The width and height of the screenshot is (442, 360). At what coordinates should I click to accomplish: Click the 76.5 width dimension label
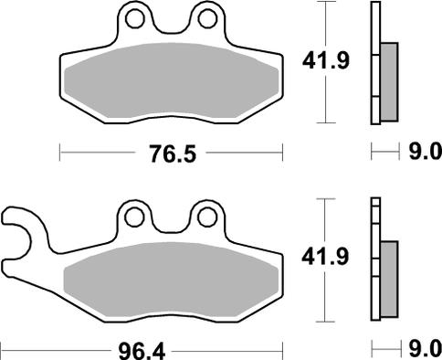173,154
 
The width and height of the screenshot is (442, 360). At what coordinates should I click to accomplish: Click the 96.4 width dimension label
142,351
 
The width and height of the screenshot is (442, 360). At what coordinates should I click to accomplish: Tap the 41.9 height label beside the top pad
326,61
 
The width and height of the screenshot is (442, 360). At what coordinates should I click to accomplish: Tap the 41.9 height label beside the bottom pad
325,257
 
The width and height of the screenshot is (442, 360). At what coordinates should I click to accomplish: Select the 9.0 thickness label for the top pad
425,151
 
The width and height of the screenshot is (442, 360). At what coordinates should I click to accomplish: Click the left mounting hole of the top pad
135,19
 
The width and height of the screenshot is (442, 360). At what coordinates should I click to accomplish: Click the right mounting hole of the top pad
207,19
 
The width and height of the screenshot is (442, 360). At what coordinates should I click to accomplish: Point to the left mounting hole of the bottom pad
134,217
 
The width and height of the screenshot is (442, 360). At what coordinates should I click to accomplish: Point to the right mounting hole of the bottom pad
207,217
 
